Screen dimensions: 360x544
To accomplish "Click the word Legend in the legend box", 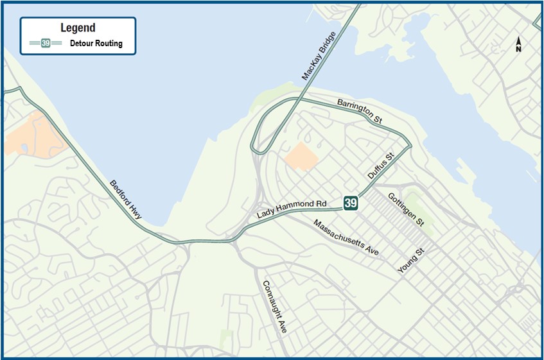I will click(78, 28).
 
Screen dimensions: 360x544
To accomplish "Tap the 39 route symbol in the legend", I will click(46, 44).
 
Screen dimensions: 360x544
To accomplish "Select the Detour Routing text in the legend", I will click(96, 44).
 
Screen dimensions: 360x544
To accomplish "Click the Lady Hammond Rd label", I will click(292, 208).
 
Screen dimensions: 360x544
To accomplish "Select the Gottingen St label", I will click(405, 208).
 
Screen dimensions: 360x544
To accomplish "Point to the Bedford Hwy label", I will click(125, 200).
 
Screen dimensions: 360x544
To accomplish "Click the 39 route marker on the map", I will click(350, 203).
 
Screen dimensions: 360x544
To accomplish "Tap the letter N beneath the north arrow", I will click(518, 49).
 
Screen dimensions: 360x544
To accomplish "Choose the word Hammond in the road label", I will click(296, 207).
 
